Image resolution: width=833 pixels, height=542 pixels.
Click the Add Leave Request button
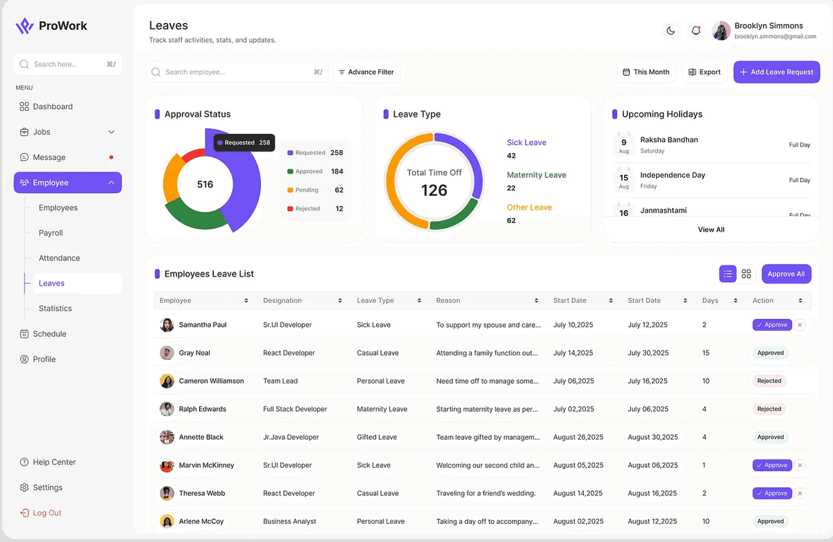tap(776, 72)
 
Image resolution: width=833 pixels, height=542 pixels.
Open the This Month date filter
tap(646, 72)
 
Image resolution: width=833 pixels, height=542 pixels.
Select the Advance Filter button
tap(366, 72)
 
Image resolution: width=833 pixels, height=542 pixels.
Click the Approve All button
tap(786, 274)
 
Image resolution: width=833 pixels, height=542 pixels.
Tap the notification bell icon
tap(696, 31)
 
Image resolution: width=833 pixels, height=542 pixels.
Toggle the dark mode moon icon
tap(671, 31)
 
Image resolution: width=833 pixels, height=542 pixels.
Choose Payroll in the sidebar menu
tap(51, 233)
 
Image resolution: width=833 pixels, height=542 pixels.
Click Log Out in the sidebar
tap(47, 513)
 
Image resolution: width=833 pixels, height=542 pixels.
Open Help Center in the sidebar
tap(54, 462)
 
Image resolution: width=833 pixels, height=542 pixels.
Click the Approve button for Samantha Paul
tap(772, 325)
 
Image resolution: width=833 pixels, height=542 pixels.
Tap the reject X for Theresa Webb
tap(800, 493)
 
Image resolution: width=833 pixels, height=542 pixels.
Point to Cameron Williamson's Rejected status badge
tap(769, 381)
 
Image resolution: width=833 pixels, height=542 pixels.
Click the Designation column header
tap(283, 301)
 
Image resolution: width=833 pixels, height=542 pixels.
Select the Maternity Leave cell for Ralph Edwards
tap(382, 409)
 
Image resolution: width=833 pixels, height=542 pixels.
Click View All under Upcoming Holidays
tap(711, 229)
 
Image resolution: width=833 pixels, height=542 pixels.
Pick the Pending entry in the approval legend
tap(307, 190)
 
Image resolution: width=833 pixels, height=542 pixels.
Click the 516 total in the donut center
tap(205, 184)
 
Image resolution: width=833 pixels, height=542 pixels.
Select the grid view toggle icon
tap(746, 274)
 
